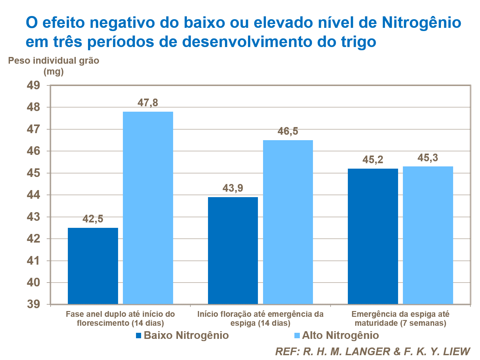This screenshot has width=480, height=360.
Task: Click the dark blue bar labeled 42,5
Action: (93, 266)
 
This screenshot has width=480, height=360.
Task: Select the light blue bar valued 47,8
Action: (148, 208)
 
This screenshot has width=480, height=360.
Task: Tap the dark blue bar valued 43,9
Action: (233, 250)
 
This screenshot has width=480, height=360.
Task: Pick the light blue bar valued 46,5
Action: (288, 222)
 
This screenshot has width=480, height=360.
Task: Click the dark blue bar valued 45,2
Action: (373, 236)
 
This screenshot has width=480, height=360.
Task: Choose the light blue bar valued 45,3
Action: (428, 235)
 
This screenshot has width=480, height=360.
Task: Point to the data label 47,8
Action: (148, 103)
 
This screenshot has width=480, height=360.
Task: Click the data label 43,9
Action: (233, 188)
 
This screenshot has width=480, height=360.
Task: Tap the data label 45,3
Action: (428, 158)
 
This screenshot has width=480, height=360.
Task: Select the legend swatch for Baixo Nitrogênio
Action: (139, 336)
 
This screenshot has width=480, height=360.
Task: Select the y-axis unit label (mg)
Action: (53, 71)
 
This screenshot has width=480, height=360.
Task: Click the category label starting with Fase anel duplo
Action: (120, 318)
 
